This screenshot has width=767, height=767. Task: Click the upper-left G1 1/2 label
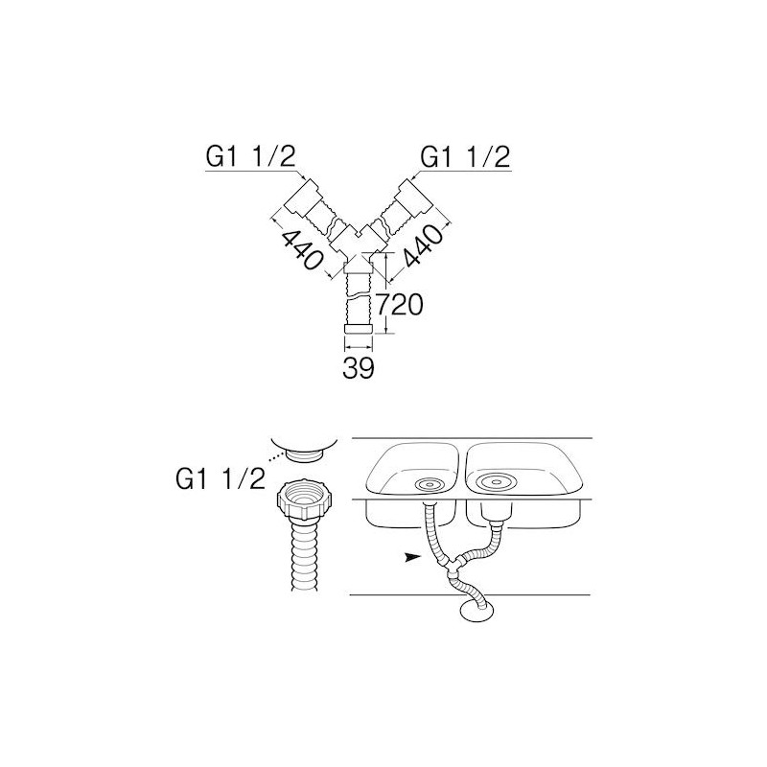[x=251, y=157]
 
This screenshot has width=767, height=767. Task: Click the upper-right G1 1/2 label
[x=465, y=157]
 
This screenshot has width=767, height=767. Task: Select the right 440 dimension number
[x=423, y=246]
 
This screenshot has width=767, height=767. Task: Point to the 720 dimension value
[x=399, y=305]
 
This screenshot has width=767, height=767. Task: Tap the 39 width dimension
[x=358, y=368]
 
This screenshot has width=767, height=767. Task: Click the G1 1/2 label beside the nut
[x=221, y=478]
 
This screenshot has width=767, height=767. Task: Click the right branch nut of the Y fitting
[x=415, y=198]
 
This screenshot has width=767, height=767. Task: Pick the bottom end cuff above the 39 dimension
[x=359, y=329]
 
